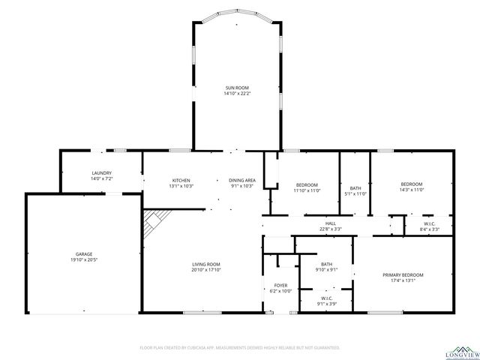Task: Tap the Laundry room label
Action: (x=101, y=174)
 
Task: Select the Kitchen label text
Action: (x=182, y=181)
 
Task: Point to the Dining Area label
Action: (x=242, y=181)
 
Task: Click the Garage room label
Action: (x=82, y=254)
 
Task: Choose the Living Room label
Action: (x=205, y=264)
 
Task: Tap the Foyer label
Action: (x=280, y=285)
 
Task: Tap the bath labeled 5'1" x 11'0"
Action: (x=355, y=188)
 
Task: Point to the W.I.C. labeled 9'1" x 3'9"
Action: (x=327, y=299)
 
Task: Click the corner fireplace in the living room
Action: (x=155, y=220)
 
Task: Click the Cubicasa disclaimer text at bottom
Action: (x=240, y=348)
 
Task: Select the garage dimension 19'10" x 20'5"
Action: (x=82, y=259)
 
